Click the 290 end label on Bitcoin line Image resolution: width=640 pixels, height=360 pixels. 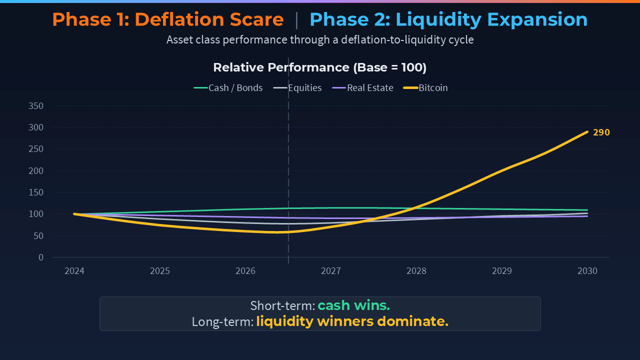pos(601,132)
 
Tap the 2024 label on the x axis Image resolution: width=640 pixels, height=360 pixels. pos(74,271)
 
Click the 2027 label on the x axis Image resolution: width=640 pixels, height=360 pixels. pos(331,271)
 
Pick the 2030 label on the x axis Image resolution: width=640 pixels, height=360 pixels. pos(587,271)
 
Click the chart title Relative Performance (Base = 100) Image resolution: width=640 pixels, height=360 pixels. pos(320,67)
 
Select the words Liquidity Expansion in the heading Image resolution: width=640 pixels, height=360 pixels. pos(491,20)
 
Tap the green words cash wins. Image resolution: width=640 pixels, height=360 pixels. pos(353,305)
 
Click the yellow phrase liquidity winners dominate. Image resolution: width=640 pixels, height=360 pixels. pos(352,321)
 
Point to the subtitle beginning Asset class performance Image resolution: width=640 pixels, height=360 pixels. pos(320,39)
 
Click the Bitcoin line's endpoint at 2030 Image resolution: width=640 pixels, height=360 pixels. pos(587,132)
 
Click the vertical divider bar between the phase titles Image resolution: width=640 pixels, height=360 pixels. pos(296,20)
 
